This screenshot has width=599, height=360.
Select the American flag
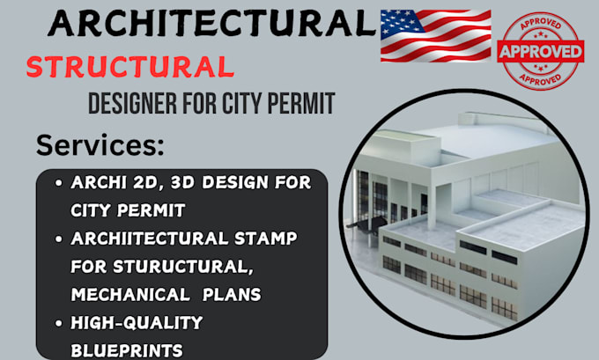point(435,36)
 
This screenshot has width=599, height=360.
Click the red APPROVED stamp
point(540,51)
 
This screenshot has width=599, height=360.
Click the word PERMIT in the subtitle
point(299,104)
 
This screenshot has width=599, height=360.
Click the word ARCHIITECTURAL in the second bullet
point(144,239)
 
